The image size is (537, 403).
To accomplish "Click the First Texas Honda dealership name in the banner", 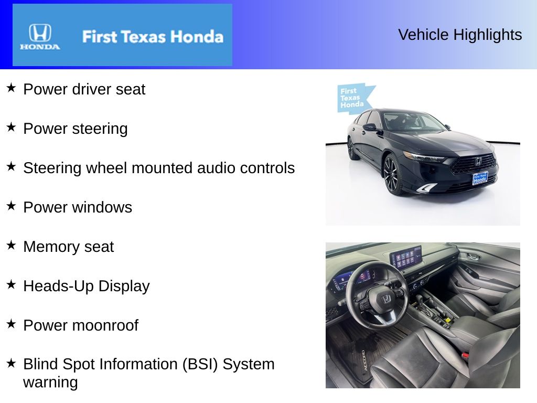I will tap(153, 37).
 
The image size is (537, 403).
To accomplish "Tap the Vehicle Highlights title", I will tap(460, 35).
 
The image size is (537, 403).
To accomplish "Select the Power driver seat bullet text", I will tap(84, 89).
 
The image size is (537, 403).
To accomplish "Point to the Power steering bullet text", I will tap(75, 129).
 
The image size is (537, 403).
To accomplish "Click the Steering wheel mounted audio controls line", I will tap(159, 168).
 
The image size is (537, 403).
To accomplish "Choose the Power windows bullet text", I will tap(78, 207).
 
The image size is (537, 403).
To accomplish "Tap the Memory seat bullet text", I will tap(68, 247).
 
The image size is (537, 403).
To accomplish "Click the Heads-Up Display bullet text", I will tap(87, 286).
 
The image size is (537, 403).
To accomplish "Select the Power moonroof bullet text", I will tap(81, 325).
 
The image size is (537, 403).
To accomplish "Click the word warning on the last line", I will tap(50, 382).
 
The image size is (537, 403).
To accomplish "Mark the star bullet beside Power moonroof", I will tap(11, 324).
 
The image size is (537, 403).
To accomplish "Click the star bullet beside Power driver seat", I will tap(11, 88).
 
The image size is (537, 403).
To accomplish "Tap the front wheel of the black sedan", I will tap(391, 175).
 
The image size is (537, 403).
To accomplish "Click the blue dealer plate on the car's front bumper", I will tap(480, 178).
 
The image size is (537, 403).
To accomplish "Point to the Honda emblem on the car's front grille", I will tap(478, 162).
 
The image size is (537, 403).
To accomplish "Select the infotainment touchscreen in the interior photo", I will tap(406, 258).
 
